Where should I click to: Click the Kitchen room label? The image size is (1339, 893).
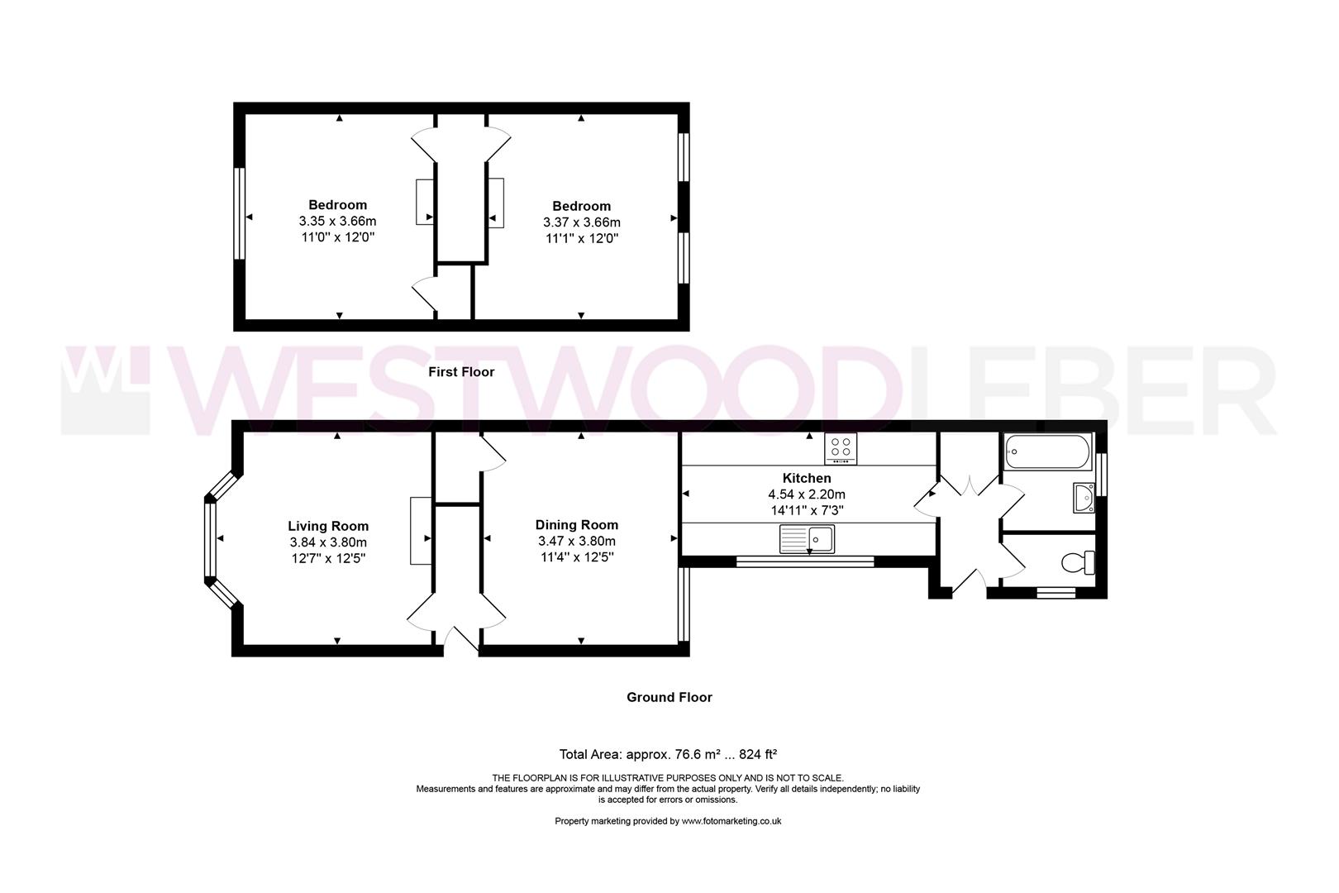tap(806, 478)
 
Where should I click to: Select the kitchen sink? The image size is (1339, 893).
tap(807, 539)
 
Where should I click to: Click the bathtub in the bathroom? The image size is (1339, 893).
tap(1047, 451)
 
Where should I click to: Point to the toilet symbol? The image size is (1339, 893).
tap(1078, 562)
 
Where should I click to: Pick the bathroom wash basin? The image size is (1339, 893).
tap(1084, 499)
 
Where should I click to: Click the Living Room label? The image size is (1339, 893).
tap(328, 526)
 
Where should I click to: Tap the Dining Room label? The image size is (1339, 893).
tap(576, 525)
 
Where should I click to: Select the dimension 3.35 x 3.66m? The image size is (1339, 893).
tap(337, 221)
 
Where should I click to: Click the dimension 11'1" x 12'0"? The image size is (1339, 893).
tap(581, 238)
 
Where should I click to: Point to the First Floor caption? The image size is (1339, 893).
tap(460, 372)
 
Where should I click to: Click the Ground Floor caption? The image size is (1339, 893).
tap(669, 697)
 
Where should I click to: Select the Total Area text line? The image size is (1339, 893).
tap(669, 754)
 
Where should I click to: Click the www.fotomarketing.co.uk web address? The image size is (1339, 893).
tap(731, 821)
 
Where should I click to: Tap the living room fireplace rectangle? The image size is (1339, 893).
tap(420, 531)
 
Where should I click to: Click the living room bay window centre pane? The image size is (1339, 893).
tap(210, 538)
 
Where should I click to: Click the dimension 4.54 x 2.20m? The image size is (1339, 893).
tap(806, 494)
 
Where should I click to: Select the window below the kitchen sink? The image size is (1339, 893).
tap(804, 561)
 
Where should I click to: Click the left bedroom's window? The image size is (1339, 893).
tap(239, 214)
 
